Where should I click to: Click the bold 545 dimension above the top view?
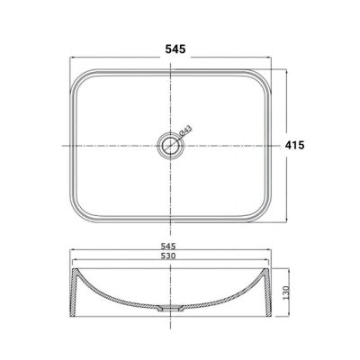[175, 49]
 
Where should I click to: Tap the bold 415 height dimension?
[294, 145]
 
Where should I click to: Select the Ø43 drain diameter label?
[185, 130]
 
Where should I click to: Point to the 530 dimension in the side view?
[167, 256]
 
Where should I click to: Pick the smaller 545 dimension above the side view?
[168, 247]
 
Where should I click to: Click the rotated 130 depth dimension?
[285, 292]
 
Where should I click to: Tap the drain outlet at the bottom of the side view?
[171, 308]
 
